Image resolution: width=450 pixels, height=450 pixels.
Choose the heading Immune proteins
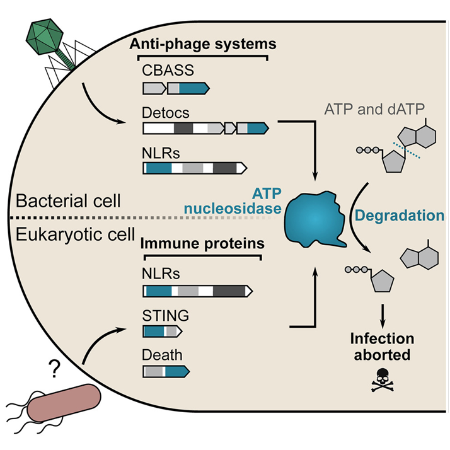[201, 242]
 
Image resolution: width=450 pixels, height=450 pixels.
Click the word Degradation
[399, 216]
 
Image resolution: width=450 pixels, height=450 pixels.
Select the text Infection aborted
[382, 347]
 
